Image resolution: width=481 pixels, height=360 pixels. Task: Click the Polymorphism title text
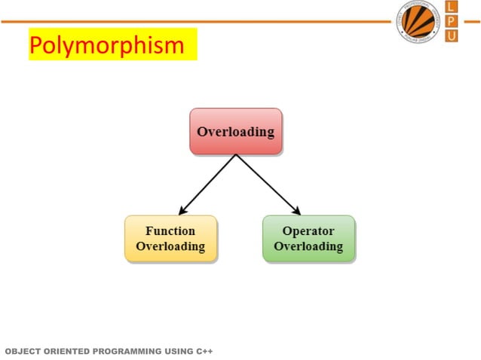[106, 45]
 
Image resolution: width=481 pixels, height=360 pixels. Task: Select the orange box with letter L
[451, 7]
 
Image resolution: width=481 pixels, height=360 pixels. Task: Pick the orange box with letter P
[451, 21]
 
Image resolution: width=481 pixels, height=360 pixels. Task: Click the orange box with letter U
[451, 35]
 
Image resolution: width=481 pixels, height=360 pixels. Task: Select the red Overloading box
[235, 132]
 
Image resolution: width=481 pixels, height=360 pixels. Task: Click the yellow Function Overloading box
[170, 239]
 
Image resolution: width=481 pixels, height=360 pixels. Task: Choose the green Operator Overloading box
[308, 239]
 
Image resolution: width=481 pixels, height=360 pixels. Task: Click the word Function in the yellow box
[170, 231]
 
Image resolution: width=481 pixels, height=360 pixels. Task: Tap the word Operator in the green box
[308, 231]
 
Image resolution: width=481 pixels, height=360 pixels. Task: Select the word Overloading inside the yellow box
[170, 246]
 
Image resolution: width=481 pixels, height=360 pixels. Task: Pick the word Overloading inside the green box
[308, 246]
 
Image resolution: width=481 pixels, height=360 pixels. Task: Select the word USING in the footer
[180, 351]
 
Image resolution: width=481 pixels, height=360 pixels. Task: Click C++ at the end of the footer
[204, 351]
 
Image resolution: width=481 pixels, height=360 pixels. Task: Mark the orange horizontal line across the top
[188, 21]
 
